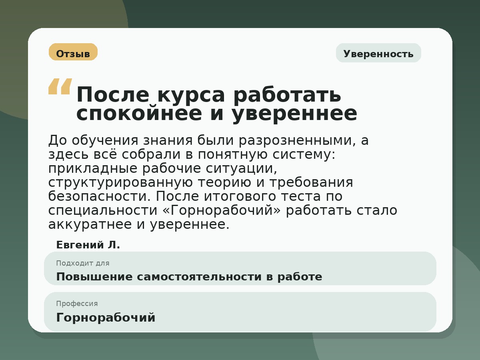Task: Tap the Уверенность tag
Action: (x=378, y=54)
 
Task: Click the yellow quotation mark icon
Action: (x=60, y=86)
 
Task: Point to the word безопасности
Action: (x=99, y=196)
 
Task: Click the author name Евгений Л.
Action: (x=88, y=245)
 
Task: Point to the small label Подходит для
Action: (x=82, y=263)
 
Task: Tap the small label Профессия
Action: (x=77, y=304)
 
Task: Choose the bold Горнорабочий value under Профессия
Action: (x=106, y=318)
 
